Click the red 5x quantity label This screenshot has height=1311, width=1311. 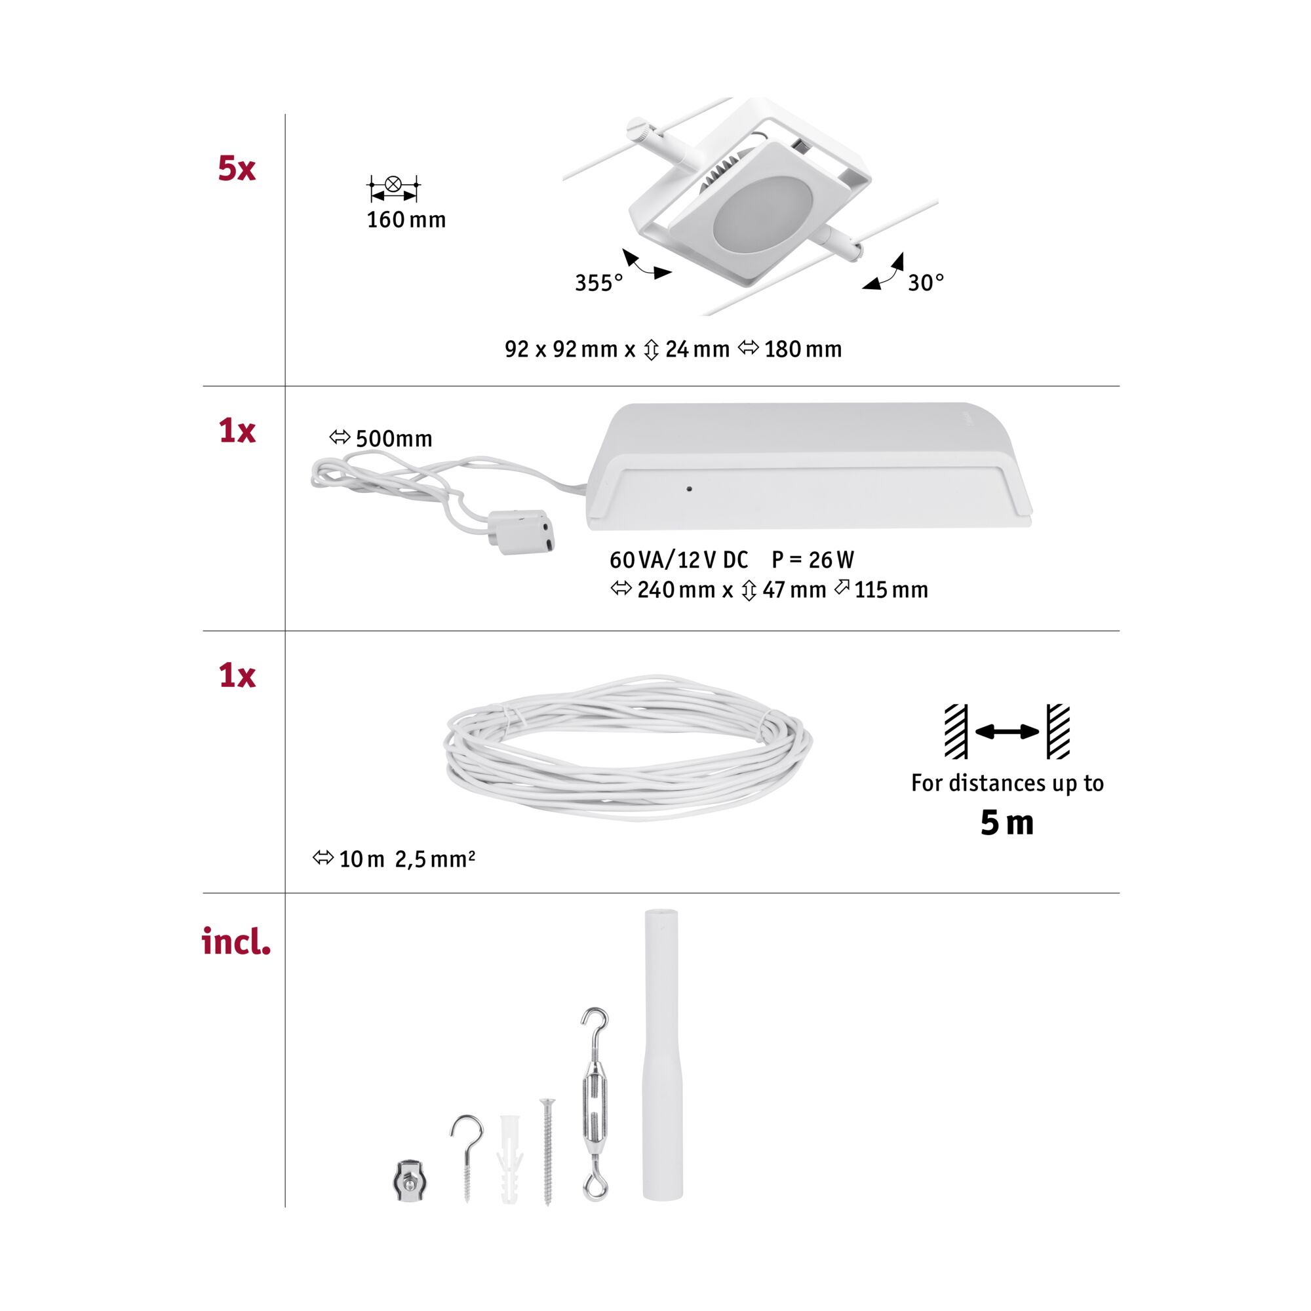(236, 168)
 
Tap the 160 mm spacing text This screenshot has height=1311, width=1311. (406, 220)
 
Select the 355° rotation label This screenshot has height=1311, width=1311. (598, 283)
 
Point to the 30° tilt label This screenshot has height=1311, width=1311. (926, 283)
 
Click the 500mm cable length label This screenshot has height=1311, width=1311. (393, 439)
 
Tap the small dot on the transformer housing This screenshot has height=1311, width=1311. (690, 488)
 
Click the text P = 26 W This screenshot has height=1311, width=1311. (813, 560)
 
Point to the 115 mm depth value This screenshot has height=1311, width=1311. (890, 591)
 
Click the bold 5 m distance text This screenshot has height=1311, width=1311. (1007, 823)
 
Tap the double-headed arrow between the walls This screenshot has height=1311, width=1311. (1007, 732)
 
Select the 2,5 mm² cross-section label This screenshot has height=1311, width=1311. (435, 860)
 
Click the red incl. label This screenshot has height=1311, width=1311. (236, 942)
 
